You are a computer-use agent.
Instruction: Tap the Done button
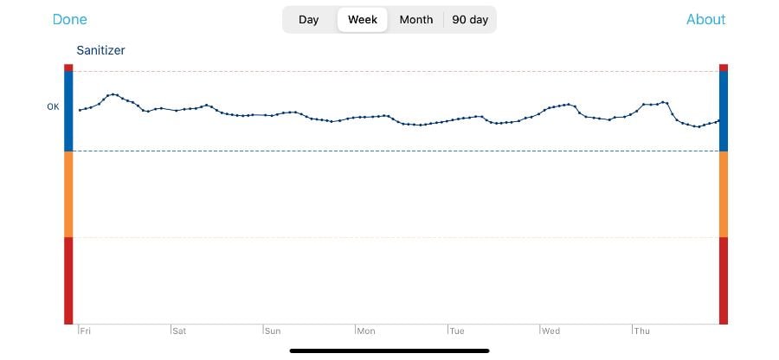click(70, 20)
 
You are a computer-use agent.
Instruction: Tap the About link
click(705, 20)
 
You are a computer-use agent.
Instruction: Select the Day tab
click(309, 20)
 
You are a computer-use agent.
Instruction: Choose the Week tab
click(363, 20)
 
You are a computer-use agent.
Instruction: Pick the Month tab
click(416, 20)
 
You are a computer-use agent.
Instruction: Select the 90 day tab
click(470, 20)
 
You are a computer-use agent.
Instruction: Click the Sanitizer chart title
click(100, 51)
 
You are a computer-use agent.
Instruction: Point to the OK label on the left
click(53, 107)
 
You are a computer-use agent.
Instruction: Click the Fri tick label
click(86, 331)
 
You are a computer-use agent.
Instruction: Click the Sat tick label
click(179, 331)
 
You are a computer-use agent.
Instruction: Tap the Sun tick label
click(272, 331)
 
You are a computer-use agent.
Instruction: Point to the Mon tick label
click(366, 331)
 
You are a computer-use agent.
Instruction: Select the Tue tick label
click(457, 331)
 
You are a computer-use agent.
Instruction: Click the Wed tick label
click(550, 331)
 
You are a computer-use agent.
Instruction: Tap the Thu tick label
click(642, 331)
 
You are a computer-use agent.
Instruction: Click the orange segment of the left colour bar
click(68, 194)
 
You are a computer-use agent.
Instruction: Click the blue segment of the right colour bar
click(724, 111)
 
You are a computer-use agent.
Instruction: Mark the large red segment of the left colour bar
click(68, 280)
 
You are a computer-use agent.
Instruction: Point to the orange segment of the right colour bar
click(724, 194)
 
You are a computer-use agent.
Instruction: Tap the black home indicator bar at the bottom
click(389, 350)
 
